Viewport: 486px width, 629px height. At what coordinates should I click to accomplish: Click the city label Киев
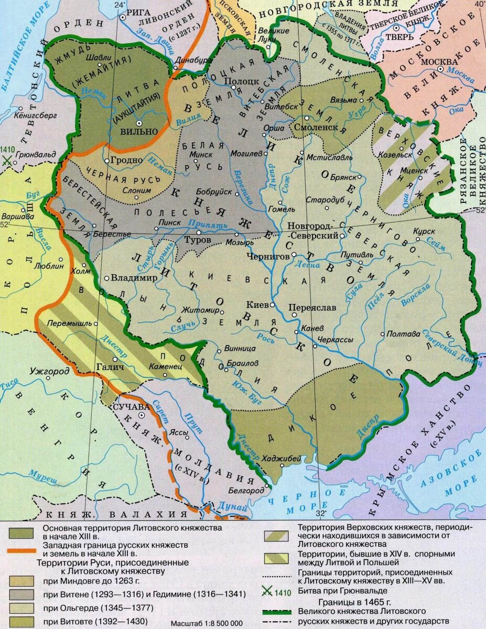(x=257, y=304)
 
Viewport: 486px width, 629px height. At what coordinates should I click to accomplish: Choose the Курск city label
(x=424, y=230)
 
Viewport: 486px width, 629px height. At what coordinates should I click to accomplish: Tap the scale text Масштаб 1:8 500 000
(x=207, y=623)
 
